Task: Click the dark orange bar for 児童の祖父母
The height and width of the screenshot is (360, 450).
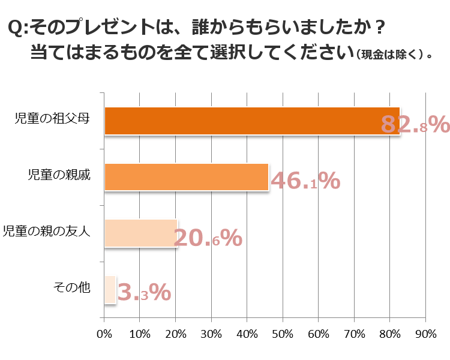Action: pos(252,121)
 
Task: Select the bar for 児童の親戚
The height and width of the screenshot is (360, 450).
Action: pos(186,177)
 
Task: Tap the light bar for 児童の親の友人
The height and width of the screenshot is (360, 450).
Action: pos(140,233)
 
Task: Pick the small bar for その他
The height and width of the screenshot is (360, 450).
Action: pos(110,289)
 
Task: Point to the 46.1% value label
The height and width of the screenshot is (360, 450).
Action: pos(305,181)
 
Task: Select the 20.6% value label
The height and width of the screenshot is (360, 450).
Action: pos(208,238)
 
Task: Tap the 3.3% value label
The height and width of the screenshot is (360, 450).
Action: pos(144,293)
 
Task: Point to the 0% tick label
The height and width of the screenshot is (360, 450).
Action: pos(104,334)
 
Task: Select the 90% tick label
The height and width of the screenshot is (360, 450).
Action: pos(425,334)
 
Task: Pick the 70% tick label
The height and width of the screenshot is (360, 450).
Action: pos(354,334)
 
